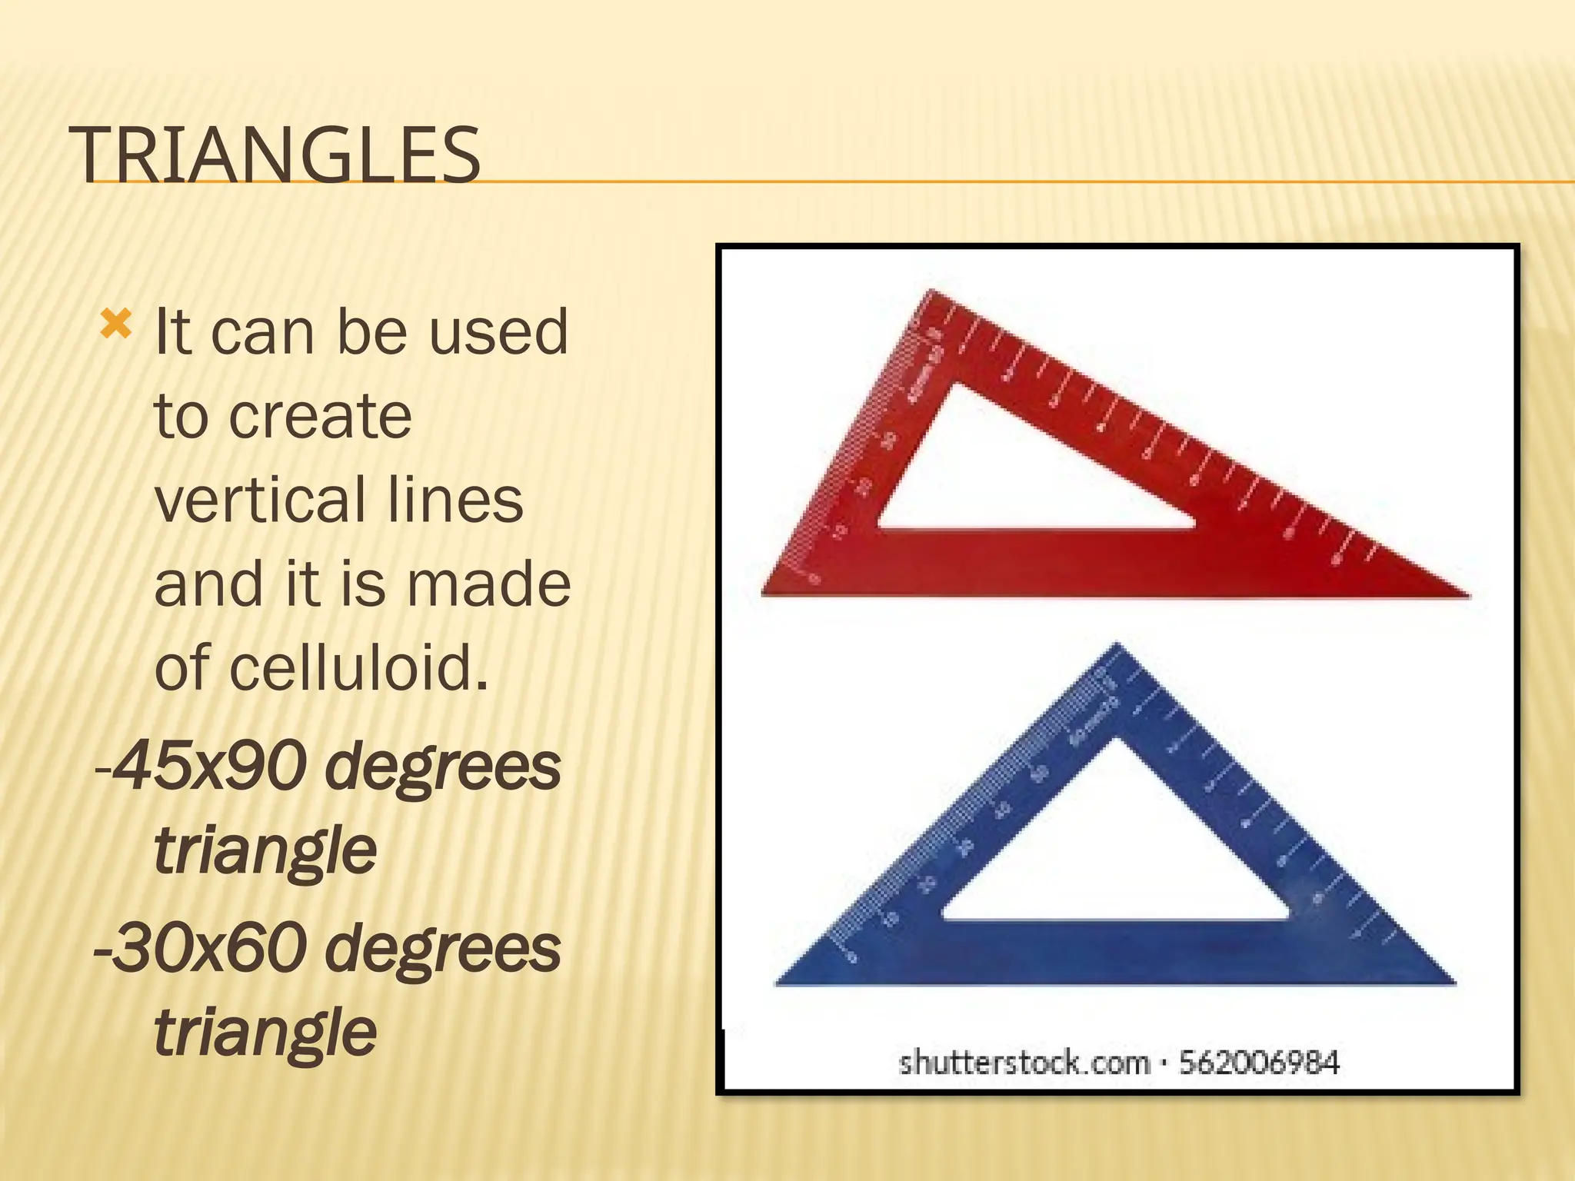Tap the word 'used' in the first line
pos(498,332)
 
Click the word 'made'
pos(488,584)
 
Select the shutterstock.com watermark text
pos(1024,1063)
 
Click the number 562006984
pos(1259,1063)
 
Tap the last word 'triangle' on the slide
pos(265,1032)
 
